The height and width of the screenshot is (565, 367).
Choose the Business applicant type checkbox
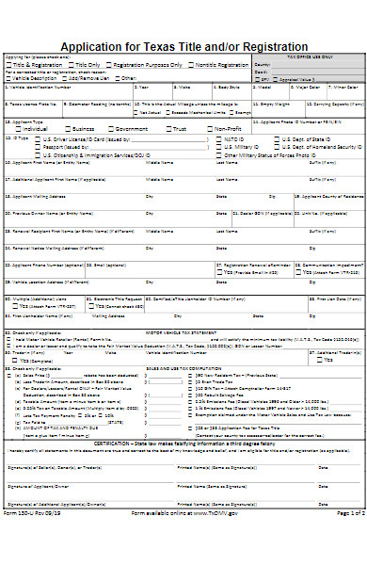(x=67, y=127)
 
